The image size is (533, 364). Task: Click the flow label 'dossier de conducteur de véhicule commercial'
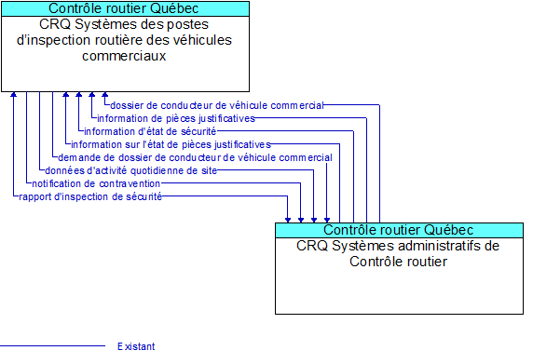click(x=216, y=106)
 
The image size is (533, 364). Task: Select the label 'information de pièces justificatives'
click(x=175, y=119)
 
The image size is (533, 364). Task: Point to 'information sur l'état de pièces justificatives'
click(x=171, y=145)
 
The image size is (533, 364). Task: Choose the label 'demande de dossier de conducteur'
click(x=194, y=158)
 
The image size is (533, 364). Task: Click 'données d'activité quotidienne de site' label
click(x=130, y=171)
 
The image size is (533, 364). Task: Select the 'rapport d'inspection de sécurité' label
click(x=90, y=197)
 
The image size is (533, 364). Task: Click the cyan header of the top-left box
click(x=125, y=8)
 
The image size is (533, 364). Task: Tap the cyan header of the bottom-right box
click(x=399, y=230)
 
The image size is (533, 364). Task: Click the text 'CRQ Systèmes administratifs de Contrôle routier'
click(x=399, y=253)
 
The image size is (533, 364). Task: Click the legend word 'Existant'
click(x=136, y=346)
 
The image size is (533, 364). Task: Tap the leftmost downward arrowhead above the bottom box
click(x=288, y=219)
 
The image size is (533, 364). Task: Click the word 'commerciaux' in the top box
click(x=125, y=56)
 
